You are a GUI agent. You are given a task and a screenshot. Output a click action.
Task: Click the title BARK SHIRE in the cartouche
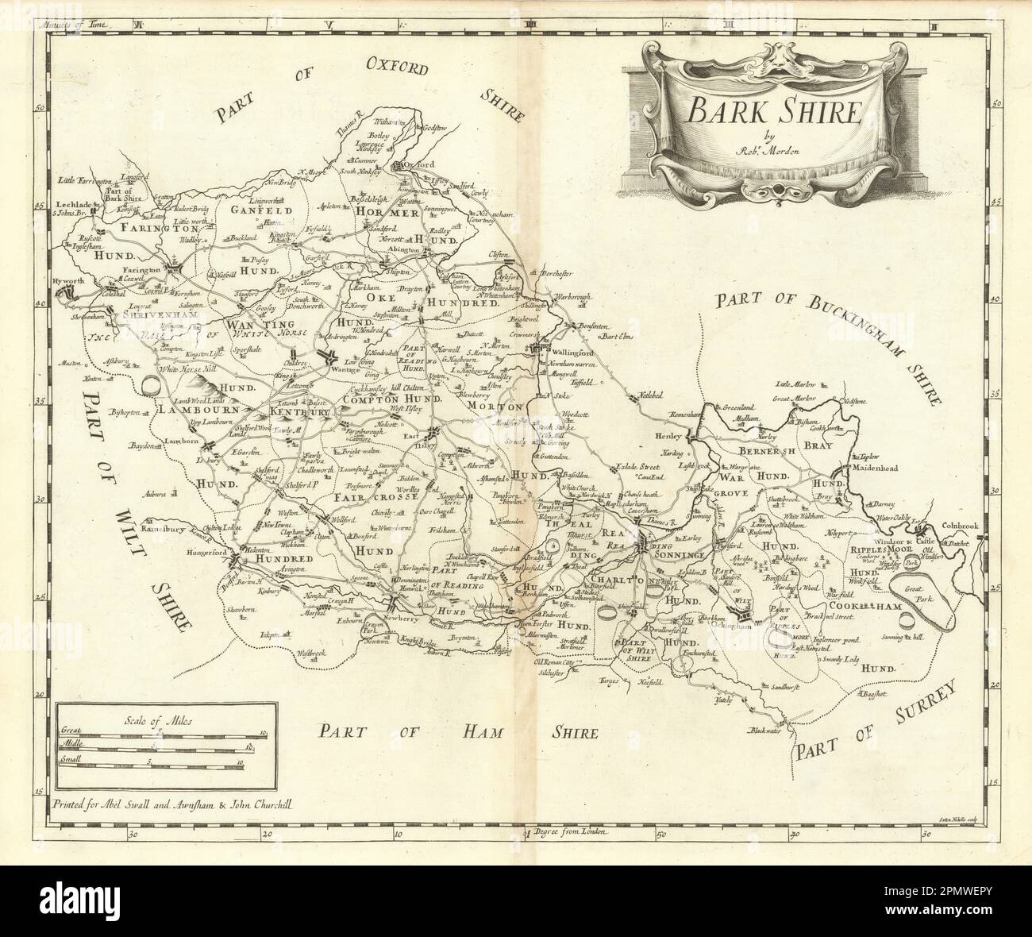773,112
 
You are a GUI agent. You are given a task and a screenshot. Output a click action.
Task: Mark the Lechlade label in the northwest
72,203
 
